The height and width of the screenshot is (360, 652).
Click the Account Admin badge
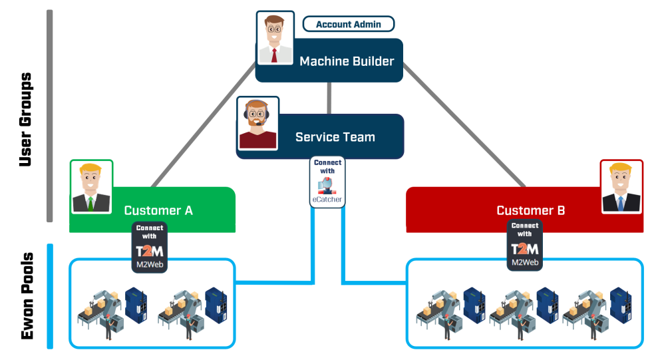click(x=349, y=25)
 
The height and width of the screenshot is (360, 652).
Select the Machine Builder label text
click(x=347, y=61)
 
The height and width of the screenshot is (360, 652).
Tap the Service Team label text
click(x=335, y=137)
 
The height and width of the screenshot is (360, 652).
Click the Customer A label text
click(x=158, y=210)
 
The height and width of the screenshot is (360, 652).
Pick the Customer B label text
click(x=530, y=210)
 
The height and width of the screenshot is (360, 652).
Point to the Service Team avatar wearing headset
click(x=257, y=123)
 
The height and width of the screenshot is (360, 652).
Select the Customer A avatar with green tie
click(x=92, y=186)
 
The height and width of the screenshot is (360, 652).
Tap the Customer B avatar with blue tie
click(x=621, y=186)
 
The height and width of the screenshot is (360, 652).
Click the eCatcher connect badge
click(x=327, y=182)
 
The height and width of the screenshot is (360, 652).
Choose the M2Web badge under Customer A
click(x=150, y=248)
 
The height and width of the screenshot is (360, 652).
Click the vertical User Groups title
click(x=25, y=120)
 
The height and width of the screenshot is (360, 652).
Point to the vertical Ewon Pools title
click(x=27, y=296)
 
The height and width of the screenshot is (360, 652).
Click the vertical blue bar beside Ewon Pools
click(x=50, y=296)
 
